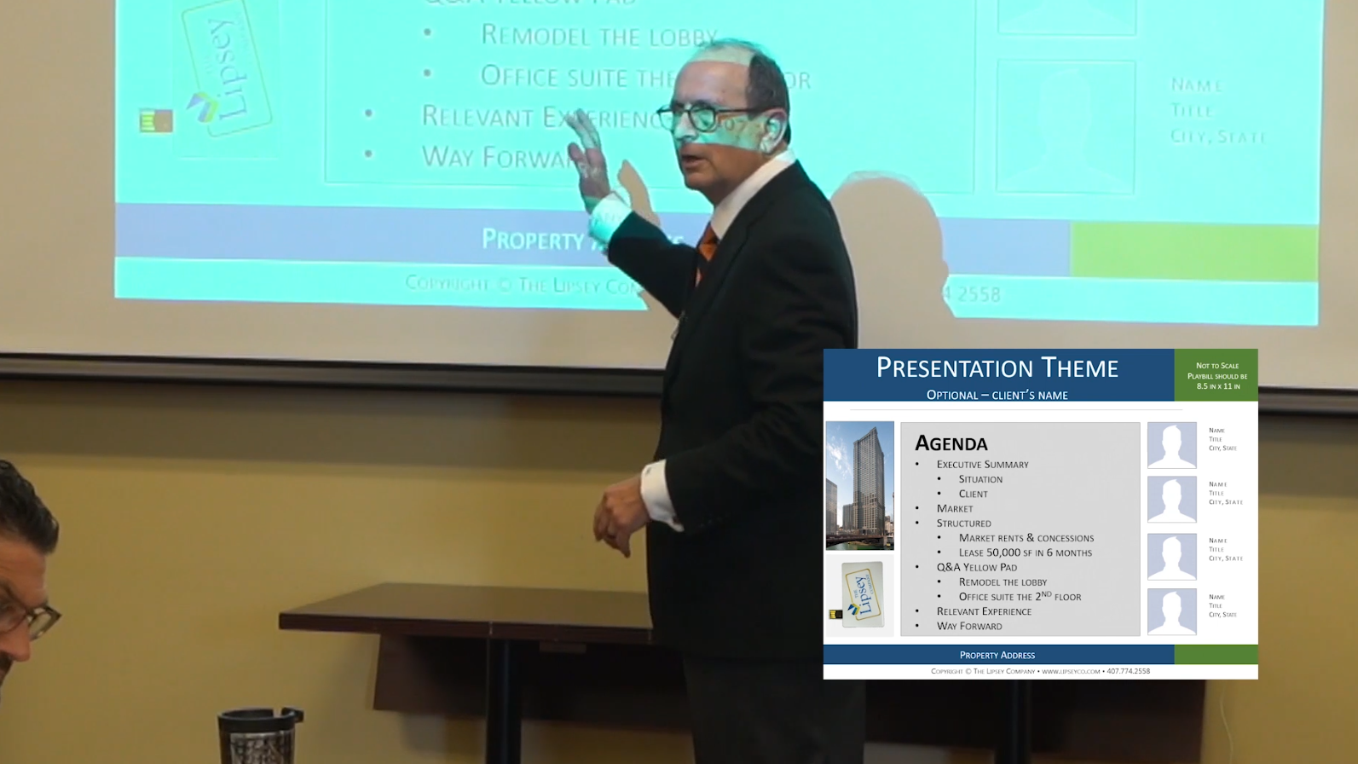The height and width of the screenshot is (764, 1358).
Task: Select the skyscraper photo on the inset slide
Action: (859, 484)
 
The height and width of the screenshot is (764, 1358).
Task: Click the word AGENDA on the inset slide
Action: (951, 443)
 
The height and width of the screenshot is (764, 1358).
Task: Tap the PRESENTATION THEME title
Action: (997, 368)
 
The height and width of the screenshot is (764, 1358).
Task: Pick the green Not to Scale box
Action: (1216, 375)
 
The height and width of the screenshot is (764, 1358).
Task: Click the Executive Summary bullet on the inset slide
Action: (982, 465)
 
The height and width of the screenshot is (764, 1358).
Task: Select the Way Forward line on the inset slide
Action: (969, 626)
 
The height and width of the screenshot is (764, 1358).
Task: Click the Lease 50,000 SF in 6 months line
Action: (1025, 553)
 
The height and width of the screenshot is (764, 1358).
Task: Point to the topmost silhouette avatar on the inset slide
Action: (1171, 445)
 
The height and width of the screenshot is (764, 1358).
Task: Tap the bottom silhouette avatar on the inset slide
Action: (1171, 611)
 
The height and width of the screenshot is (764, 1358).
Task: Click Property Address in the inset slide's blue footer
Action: (997, 655)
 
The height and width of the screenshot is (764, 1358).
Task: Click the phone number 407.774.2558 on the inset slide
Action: (1128, 671)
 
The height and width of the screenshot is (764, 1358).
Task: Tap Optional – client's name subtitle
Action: (997, 395)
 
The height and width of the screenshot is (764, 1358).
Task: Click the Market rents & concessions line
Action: (1026, 538)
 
